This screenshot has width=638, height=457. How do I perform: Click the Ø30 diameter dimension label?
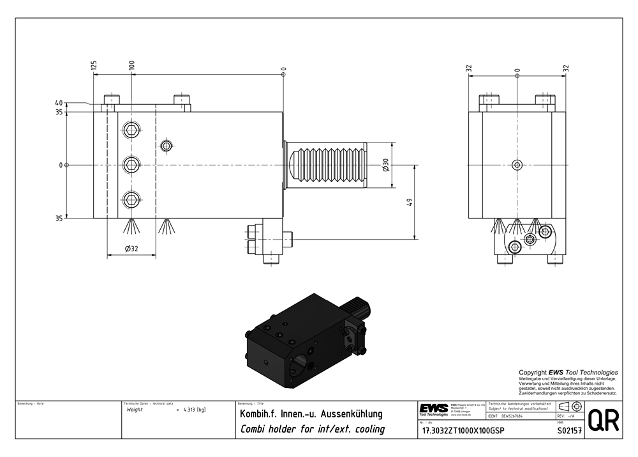[385, 165]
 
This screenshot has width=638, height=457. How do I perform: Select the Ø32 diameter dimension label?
[131, 249]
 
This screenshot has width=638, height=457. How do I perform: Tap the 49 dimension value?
[410, 203]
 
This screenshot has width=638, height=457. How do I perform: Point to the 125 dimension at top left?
[94, 65]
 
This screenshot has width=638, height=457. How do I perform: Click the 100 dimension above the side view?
[131, 65]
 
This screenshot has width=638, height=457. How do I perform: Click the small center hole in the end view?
[517, 165]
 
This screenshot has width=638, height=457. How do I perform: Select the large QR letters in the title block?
[603, 421]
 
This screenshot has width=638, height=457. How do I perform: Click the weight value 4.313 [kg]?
[194, 410]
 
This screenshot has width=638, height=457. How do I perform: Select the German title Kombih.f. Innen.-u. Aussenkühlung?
[311, 414]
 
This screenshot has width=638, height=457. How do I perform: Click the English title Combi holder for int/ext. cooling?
[312, 430]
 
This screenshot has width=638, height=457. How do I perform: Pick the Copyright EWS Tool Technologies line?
[568, 372]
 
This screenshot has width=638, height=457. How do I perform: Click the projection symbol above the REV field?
[568, 407]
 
